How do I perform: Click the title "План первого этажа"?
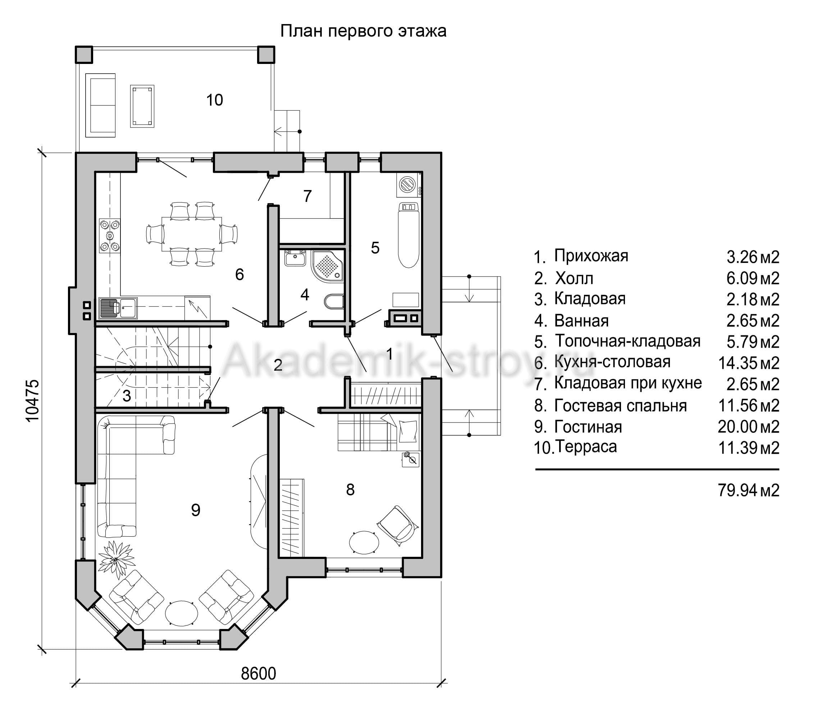(363, 31)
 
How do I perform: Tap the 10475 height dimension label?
(33, 401)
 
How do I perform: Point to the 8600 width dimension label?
(259, 674)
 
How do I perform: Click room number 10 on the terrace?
(214, 100)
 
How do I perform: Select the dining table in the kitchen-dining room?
(192, 234)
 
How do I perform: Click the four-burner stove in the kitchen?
(110, 236)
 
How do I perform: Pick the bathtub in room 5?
(408, 235)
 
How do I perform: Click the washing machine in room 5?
(408, 185)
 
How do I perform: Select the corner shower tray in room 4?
(327, 265)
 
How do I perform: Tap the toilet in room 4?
(334, 302)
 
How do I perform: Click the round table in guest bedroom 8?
(364, 541)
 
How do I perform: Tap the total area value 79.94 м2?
(749, 490)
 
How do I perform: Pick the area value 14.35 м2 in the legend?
(749, 363)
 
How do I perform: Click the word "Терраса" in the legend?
(586, 447)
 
